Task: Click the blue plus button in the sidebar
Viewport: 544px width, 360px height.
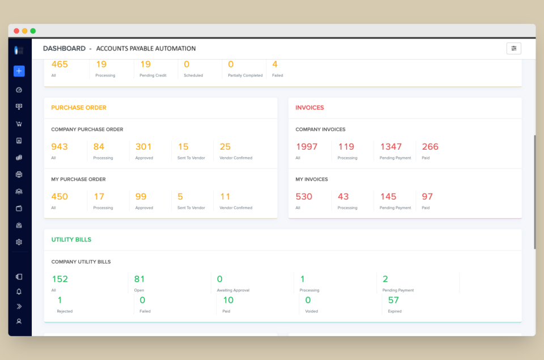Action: tap(19, 71)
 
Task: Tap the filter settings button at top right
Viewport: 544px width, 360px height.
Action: tap(513, 48)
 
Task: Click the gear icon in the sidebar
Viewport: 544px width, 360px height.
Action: tap(19, 242)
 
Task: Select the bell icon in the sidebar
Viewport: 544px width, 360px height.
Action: tap(19, 291)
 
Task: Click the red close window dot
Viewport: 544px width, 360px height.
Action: tap(16, 31)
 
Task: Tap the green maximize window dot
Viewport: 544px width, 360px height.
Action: tap(33, 31)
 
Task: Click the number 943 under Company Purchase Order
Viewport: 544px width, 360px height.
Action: tap(59, 147)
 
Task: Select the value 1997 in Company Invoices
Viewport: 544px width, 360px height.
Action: tap(307, 147)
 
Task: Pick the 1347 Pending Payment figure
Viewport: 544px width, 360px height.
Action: tap(391, 147)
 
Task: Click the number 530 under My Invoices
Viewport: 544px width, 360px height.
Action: tap(304, 197)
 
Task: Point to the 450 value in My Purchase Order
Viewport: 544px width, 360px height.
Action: tap(59, 197)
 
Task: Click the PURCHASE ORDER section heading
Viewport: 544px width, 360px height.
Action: tap(79, 108)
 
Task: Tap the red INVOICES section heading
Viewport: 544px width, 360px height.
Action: tap(310, 108)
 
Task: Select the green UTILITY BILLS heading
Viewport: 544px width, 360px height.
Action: tap(71, 240)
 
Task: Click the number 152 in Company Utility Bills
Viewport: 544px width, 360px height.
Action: tap(59, 279)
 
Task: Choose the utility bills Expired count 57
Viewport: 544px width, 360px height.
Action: tap(393, 300)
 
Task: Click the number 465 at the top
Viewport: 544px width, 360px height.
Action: tap(59, 65)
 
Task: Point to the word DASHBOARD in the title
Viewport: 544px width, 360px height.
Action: tap(64, 49)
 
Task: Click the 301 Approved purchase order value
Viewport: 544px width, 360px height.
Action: tap(143, 147)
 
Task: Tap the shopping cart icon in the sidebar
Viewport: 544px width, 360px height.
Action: tap(19, 124)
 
